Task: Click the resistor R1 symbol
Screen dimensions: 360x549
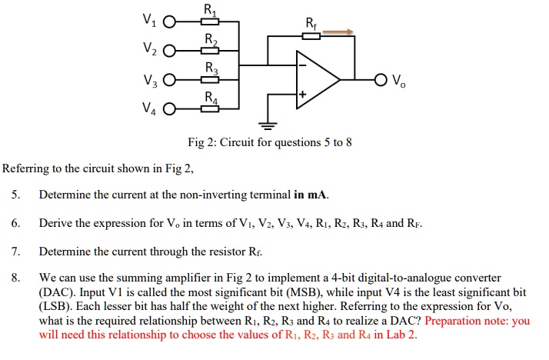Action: click(x=210, y=22)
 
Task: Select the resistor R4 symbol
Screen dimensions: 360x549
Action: click(x=210, y=108)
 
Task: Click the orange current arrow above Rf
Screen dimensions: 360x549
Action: click(x=338, y=32)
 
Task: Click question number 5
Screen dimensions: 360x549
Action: click(x=15, y=194)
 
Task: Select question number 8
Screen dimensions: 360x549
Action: click(x=15, y=278)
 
